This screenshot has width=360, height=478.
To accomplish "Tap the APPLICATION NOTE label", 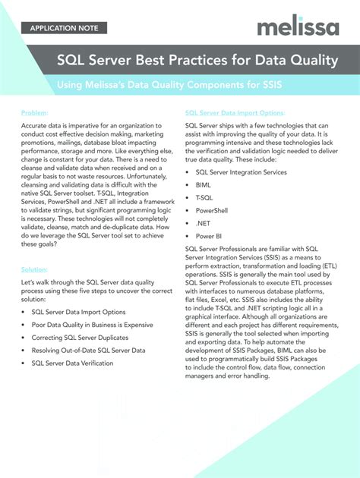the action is point(64,29).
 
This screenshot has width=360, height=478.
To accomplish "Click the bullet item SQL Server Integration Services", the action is point(241,172).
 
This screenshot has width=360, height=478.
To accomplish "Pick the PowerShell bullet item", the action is point(211,210).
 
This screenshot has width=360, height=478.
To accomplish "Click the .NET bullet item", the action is point(203,223).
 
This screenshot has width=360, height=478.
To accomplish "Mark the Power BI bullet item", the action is point(208,236).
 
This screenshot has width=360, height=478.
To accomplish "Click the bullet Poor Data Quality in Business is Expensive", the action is point(92,325).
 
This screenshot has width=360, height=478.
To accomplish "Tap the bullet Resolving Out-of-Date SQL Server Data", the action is point(88,351).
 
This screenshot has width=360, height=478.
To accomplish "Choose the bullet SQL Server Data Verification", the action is point(72,363).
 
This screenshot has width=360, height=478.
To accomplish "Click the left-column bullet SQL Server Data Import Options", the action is point(78,312).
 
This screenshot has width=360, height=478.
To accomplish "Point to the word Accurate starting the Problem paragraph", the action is point(36,124).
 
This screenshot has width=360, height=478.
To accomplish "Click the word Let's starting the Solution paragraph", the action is point(29,281).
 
